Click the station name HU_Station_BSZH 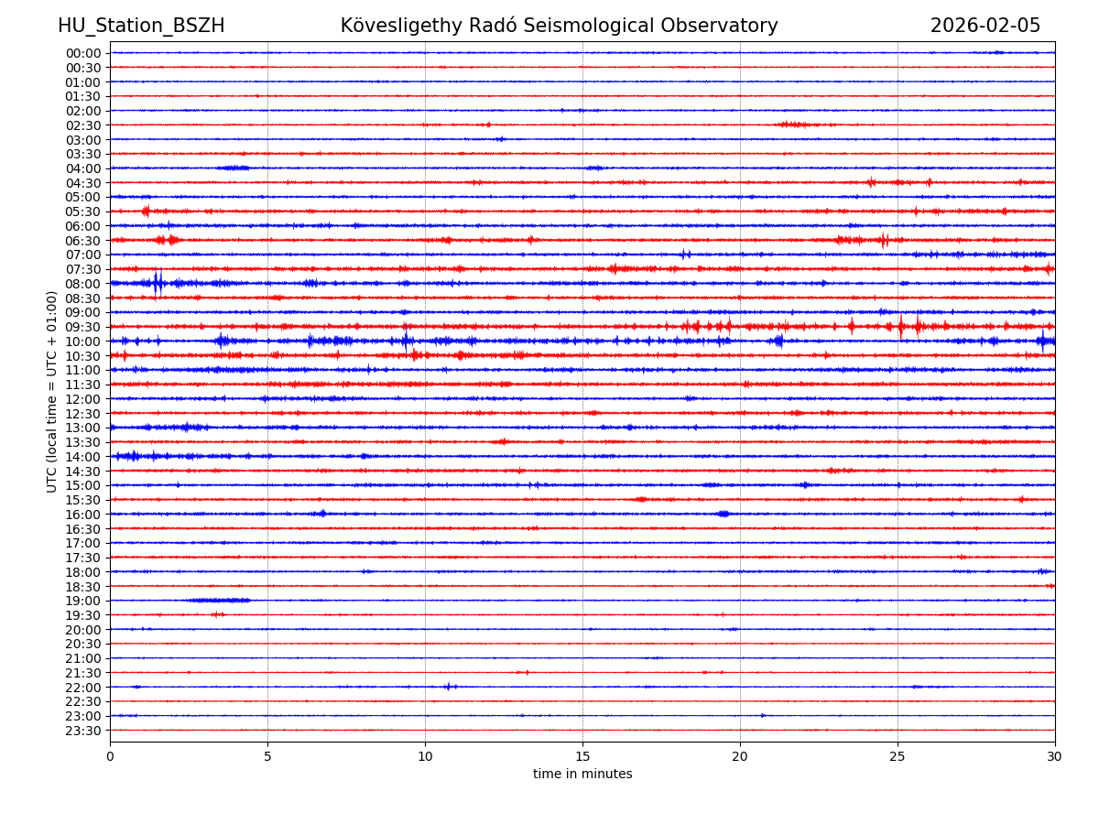tap(141, 26)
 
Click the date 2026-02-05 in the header tap(985, 26)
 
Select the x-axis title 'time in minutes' tap(582, 774)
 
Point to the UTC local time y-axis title tap(52, 391)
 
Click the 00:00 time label tap(82, 53)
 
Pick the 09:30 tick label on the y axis tap(82, 327)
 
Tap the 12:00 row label tap(82, 399)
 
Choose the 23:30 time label tap(82, 731)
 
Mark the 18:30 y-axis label tap(82, 586)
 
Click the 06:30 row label tap(82, 241)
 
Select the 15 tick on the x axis tap(582, 756)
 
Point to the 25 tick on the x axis tap(898, 756)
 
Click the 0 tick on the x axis tap(110, 756)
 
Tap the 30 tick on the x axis tap(1055, 756)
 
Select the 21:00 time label tap(82, 658)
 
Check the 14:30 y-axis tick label tap(82, 471)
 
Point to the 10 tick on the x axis tap(425, 756)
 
